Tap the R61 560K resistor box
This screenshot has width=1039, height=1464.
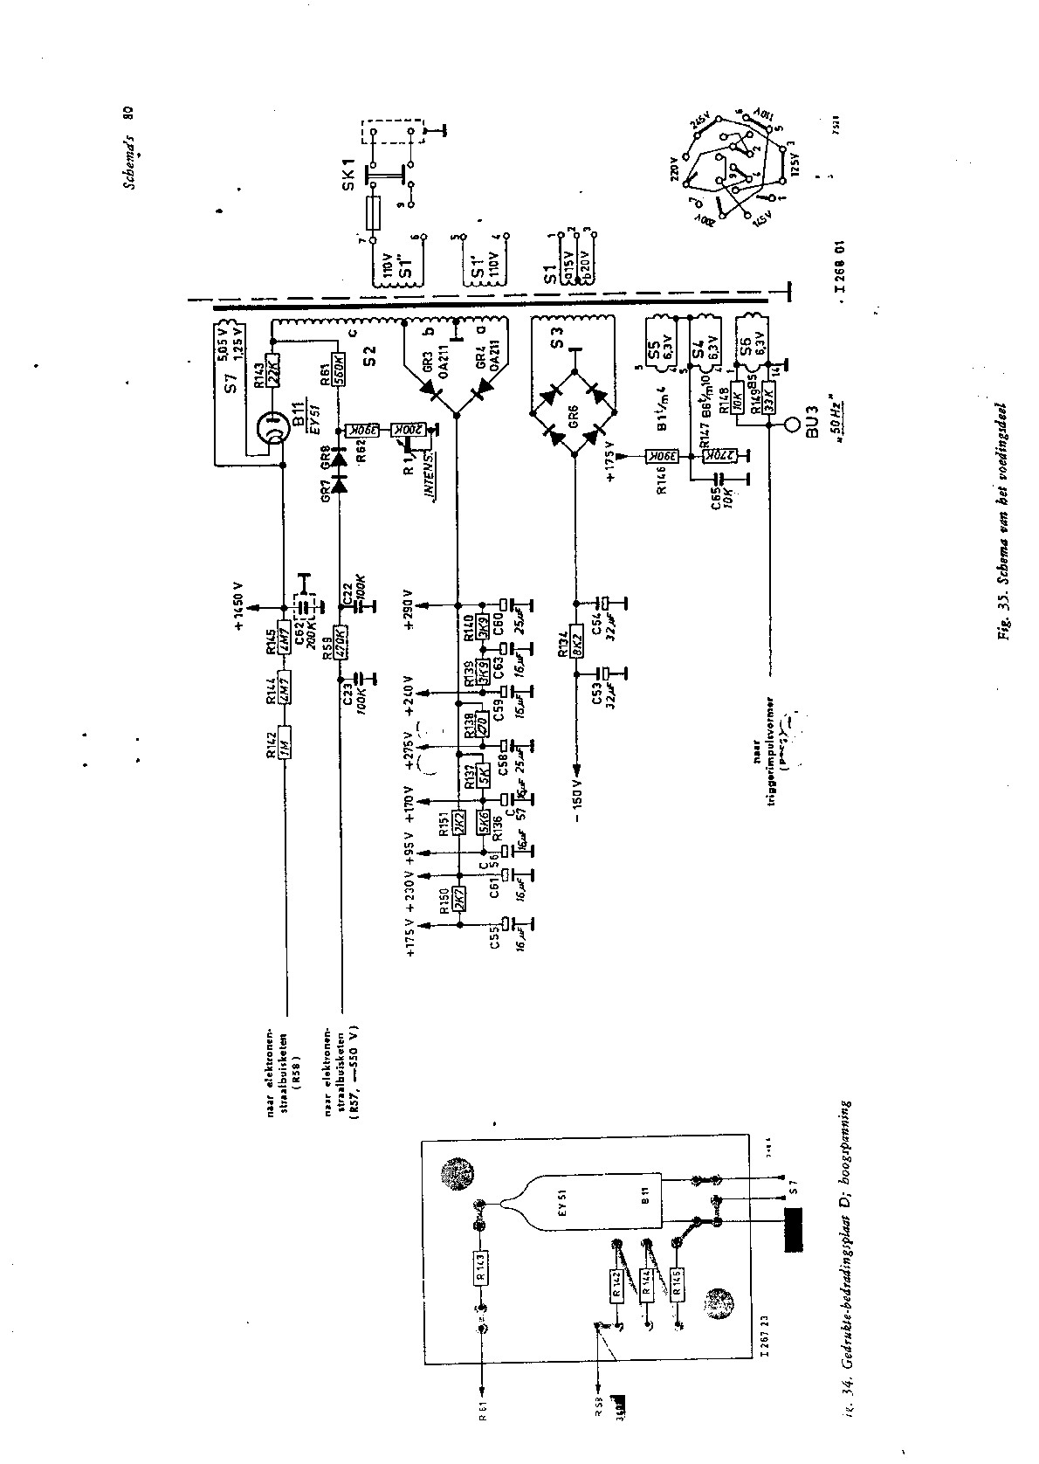[341, 371]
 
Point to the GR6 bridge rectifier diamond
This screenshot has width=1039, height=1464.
[575, 409]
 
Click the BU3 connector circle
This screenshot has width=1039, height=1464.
[791, 426]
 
